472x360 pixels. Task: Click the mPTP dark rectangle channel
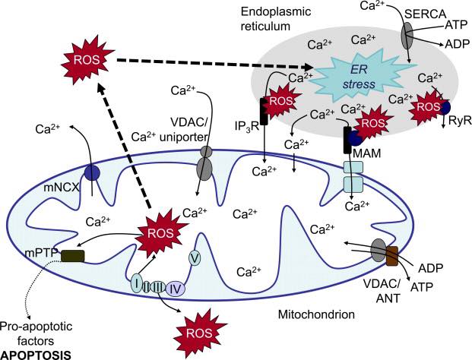74,256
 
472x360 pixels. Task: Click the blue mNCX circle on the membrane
93,172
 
